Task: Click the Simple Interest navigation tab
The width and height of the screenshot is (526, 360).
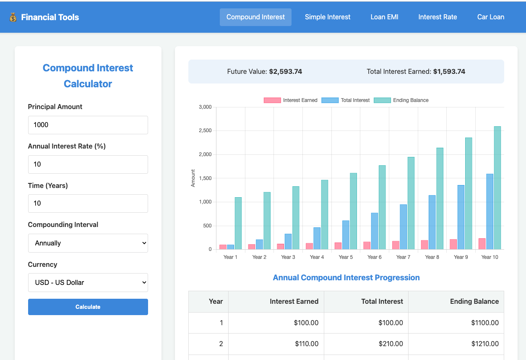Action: pos(328,17)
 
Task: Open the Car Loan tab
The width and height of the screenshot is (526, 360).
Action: pos(491,17)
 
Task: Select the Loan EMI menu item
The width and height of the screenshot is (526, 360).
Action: pos(384,17)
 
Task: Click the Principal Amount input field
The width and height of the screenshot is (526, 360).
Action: pos(88,125)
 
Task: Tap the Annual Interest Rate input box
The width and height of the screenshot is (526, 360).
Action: pos(88,164)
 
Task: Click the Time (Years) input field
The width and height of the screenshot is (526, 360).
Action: pos(88,203)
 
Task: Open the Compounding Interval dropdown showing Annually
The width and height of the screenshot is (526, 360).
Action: pos(88,243)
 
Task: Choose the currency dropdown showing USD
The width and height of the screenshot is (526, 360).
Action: pos(88,283)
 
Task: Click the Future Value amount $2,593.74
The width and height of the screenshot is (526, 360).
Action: pos(285,72)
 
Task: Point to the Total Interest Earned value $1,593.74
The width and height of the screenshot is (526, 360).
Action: pos(449,72)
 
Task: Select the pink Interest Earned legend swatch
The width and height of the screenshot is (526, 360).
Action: pos(272,100)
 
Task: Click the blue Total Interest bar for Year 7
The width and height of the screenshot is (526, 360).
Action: pos(403,227)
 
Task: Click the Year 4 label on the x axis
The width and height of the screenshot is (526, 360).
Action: pos(317,257)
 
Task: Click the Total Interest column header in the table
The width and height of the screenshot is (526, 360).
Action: pos(382,302)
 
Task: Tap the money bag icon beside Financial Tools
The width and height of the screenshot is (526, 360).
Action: pos(13,17)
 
